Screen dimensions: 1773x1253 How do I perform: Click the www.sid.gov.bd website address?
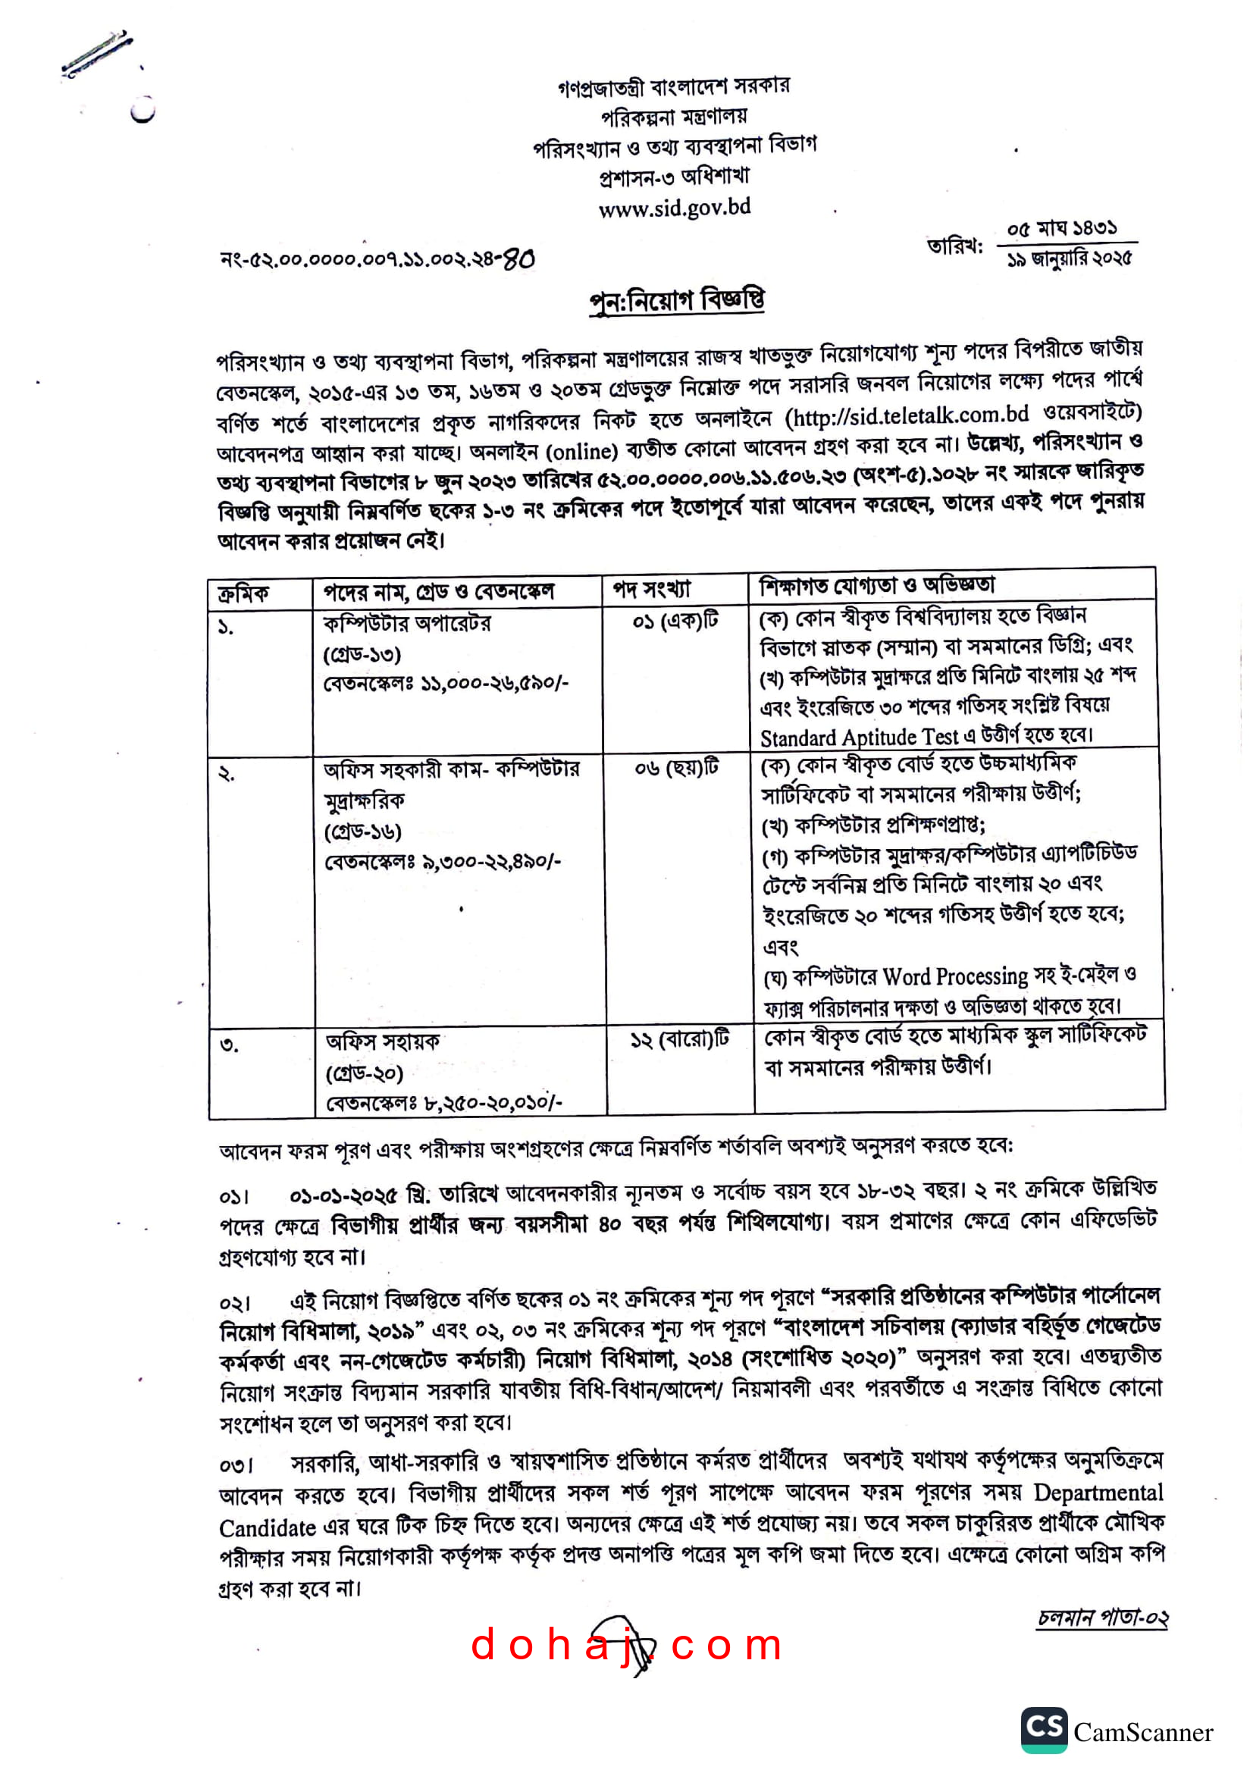click(x=674, y=208)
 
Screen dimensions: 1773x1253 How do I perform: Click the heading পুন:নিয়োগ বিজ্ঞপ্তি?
click(x=676, y=300)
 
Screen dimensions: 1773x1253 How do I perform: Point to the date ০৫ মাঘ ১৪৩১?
click(x=1061, y=229)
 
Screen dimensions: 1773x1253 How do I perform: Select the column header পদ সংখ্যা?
click(x=652, y=590)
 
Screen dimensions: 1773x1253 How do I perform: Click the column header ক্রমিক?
click(x=243, y=594)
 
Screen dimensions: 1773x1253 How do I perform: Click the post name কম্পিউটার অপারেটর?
click(x=407, y=623)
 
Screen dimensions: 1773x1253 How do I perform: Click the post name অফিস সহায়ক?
click(x=382, y=1042)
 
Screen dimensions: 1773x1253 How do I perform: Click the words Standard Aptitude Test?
click(x=859, y=738)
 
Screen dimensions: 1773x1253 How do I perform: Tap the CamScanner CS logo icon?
click(x=1044, y=1729)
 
